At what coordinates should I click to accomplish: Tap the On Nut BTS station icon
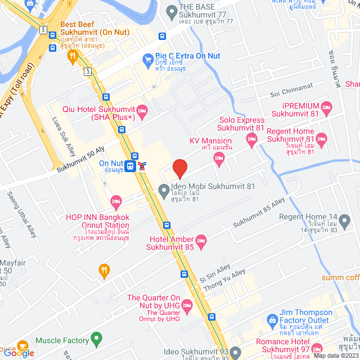pos(130,166)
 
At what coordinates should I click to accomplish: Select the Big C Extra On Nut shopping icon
pos(148,58)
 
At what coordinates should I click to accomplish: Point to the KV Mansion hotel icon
pos(219,161)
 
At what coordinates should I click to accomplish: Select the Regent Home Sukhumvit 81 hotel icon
pos(322,138)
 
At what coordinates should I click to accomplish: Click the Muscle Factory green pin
pos(97,340)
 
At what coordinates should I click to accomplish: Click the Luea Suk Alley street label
pos(65,137)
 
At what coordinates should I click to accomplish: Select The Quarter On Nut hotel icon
pos(187,305)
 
